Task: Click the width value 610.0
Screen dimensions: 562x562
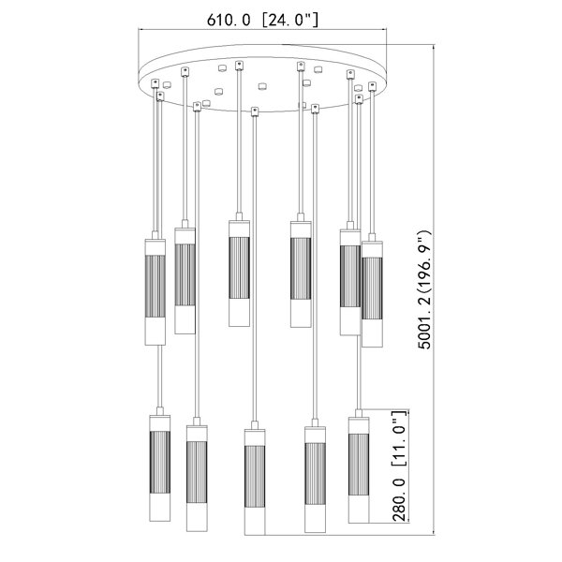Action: pos(229,20)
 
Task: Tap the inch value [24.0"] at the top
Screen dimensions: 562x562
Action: pos(289,20)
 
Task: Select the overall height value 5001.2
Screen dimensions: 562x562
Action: pos(425,321)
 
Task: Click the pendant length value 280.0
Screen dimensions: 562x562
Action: pos(399,500)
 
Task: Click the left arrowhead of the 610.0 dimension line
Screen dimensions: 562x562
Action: pos(140,30)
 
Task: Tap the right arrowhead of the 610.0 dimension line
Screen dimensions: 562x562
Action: pos(385,30)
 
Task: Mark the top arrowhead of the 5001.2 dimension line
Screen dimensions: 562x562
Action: pos(434,48)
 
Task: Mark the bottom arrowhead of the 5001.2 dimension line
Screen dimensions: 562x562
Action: pos(434,533)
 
